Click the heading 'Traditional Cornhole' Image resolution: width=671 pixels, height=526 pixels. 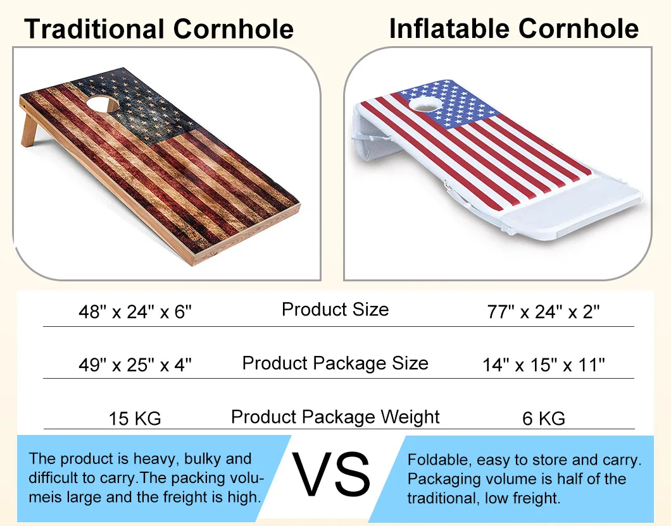159,29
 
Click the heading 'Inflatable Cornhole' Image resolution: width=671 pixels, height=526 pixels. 513,28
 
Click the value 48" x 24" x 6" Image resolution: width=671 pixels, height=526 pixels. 134,312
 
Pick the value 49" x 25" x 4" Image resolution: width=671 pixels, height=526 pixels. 134,365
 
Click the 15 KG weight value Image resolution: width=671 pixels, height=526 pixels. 134,418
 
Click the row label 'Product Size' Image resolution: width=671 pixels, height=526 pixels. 335,310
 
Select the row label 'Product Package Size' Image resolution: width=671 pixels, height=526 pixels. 335,364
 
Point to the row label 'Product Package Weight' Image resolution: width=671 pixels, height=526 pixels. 335,417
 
